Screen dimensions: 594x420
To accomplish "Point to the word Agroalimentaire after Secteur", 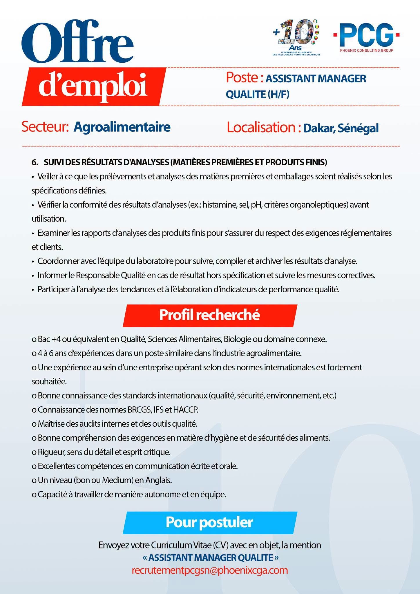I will click(122, 127).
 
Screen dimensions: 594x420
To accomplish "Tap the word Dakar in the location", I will click(318, 128).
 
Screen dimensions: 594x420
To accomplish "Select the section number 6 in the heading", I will click(35, 162).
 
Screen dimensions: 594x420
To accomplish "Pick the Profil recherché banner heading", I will click(209, 315).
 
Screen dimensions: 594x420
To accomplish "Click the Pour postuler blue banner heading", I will click(209, 522).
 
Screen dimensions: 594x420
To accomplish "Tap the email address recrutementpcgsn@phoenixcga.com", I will click(210, 570).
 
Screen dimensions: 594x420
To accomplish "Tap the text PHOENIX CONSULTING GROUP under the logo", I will click(367, 51).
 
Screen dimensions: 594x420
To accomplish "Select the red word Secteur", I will click(45, 127).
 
